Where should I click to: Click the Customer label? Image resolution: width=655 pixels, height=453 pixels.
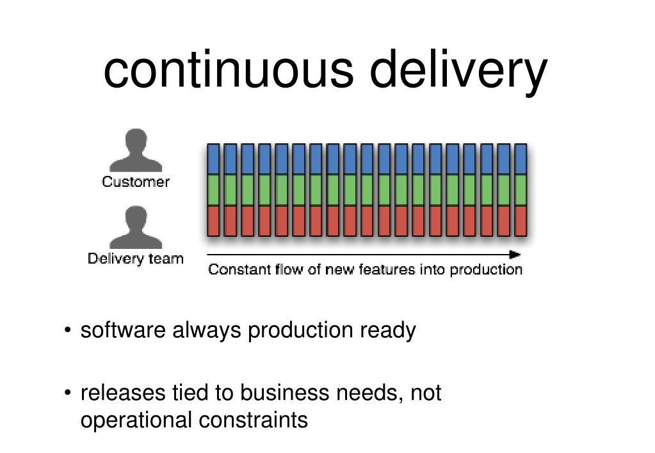[x=136, y=182]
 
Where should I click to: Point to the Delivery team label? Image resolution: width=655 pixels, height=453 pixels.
[x=136, y=259]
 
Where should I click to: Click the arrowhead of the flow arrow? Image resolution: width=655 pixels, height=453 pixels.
[x=515, y=254]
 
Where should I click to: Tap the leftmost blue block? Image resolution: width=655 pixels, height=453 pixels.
[x=213, y=159]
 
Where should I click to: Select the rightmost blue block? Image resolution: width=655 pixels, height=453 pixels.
[x=521, y=159]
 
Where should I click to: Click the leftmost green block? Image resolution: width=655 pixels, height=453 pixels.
[x=213, y=189]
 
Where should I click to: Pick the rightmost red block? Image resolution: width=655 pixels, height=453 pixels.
[x=521, y=220]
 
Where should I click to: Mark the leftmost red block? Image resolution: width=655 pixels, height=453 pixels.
[x=213, y=220]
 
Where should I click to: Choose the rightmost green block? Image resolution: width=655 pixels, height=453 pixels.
[x=521, y=189]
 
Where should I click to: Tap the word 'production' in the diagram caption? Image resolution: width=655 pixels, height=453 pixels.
[x=486, y=269]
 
